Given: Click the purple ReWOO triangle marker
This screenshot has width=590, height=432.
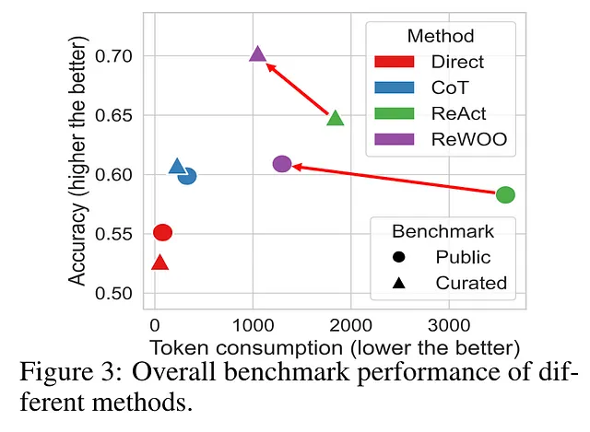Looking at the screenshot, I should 257,54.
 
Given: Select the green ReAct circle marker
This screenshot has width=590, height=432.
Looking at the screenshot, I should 505,194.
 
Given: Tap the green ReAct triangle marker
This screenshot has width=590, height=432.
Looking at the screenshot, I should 336,118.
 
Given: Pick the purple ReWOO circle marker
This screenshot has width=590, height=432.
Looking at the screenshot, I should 282,164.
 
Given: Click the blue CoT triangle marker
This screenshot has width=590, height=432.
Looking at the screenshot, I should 177,167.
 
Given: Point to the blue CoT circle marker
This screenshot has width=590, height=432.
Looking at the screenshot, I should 187,176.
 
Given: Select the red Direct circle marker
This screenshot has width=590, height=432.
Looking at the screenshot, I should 162,232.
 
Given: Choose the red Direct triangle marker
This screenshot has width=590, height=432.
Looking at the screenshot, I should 159,263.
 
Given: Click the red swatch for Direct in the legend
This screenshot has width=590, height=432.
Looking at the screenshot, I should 395,63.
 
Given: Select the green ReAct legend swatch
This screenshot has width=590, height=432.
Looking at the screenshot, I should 395,114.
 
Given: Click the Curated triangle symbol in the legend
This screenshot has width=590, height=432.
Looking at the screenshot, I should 399,283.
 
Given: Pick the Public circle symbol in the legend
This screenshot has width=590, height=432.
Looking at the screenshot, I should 399,257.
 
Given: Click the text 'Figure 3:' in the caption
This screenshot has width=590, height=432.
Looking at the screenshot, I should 71,377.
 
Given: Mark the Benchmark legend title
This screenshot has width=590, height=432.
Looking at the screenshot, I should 443,230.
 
